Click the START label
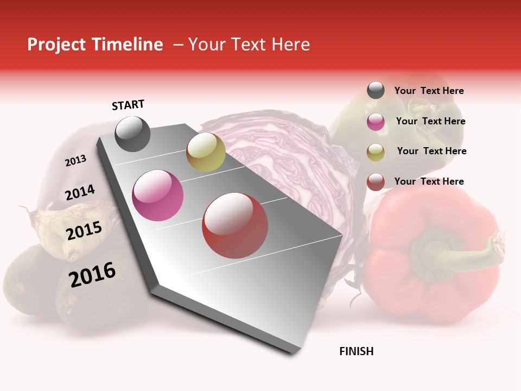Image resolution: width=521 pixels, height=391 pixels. pos(128,105)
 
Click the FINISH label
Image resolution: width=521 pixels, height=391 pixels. pos(356,351)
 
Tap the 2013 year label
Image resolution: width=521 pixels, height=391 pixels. pos(75,161)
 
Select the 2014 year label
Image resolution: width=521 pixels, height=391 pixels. pos(80,193)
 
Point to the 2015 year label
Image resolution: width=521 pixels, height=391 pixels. pos(84,231)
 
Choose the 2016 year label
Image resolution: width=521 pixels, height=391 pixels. pos(92,275)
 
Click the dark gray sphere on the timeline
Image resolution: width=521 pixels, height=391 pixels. pos(132,134)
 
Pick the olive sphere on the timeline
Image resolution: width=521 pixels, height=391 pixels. pos(206,152)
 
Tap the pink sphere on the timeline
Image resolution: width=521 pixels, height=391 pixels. pos(158,195)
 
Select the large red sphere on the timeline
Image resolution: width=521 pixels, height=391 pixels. pos(235,225)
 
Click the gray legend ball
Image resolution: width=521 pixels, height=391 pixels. pos(376,90)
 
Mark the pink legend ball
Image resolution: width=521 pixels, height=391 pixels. pos(376,122)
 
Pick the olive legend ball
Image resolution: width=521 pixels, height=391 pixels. pos(376,152)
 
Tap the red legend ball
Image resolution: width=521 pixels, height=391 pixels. pos(376,182)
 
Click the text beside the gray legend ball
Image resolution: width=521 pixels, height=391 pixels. pos(429,91)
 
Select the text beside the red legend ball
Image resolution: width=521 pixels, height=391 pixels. pos(429,181)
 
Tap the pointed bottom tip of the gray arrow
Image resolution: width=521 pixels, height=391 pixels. pos(294,354)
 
